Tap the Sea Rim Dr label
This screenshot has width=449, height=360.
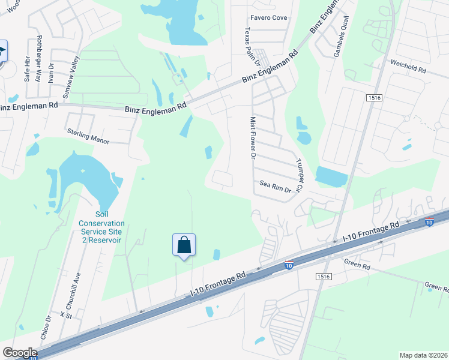[275, 187]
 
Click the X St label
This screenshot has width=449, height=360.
[65, 314]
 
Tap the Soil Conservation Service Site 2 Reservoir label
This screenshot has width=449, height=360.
[100, 227]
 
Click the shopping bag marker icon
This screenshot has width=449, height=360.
[184, 245]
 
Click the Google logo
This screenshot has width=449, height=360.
[19, 353]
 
